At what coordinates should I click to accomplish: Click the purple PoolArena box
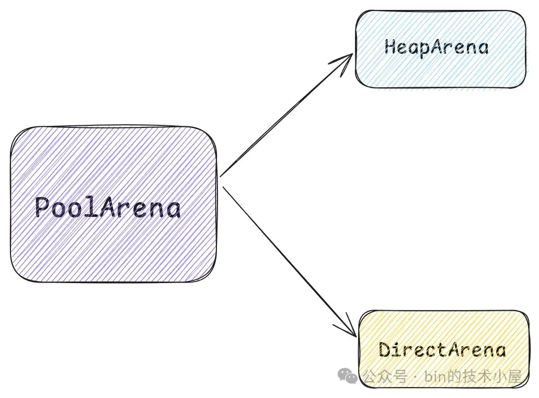click(112, 157)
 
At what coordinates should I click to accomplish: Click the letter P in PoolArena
click(43, 208)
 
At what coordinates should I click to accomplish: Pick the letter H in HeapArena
click(390, 48)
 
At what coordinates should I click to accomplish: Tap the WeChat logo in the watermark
click(347, 375)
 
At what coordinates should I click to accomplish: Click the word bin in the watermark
click(436, 376)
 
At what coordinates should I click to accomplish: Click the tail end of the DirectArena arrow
click(223, 187)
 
